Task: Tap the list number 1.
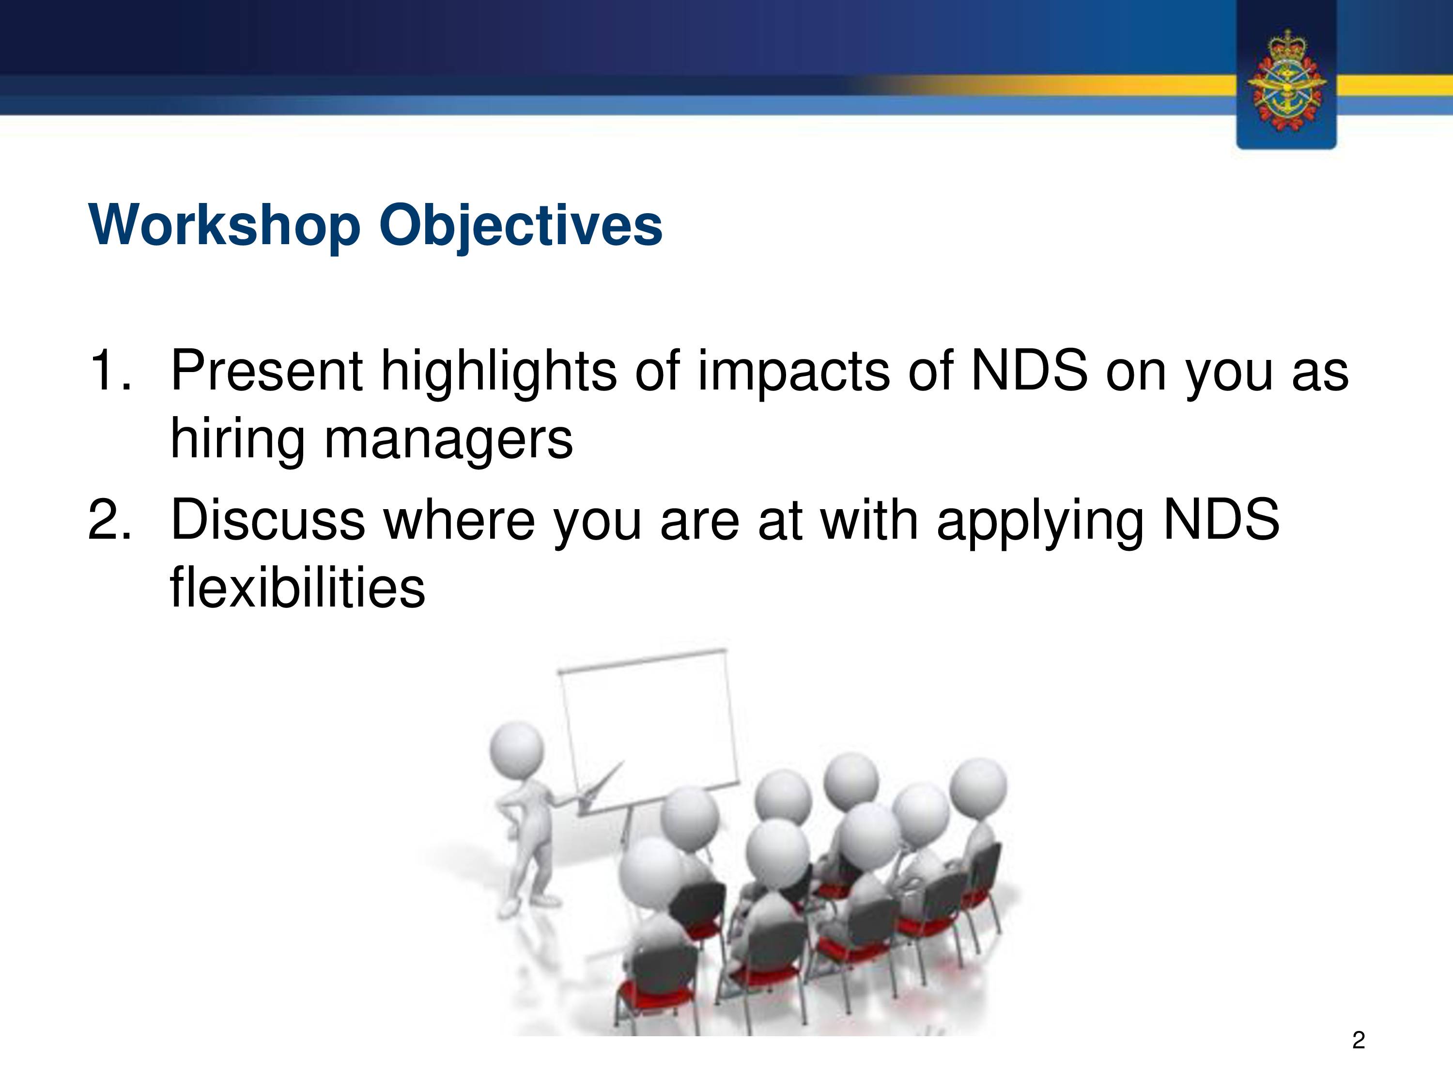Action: click(109, 371)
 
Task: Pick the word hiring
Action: click(238, 440)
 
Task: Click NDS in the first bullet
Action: click(1029, 371)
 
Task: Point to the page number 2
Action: click(1359, 1040)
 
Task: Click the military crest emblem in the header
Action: click(1286, 80)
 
